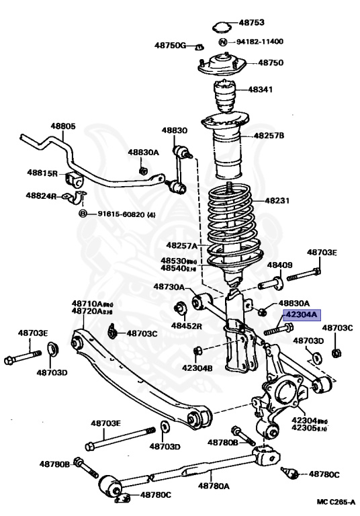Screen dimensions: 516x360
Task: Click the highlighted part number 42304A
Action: coord(302,313)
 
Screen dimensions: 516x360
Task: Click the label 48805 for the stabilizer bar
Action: coord(63,126)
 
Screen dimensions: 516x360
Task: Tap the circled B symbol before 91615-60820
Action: coord(83,214)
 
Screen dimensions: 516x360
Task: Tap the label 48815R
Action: coord(42,173)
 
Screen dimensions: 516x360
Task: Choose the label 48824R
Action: coord(42,196)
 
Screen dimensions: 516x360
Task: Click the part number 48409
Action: coord(280,265)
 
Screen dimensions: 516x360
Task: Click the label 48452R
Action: coord(186,325)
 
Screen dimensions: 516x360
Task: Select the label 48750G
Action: coord(169,45)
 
